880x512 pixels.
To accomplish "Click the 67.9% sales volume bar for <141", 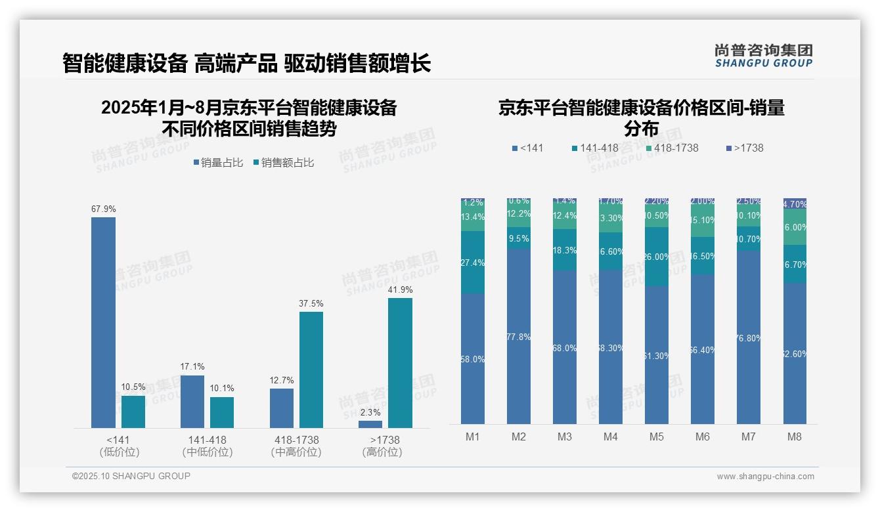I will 103,322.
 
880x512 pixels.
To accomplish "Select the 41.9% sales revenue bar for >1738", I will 400,362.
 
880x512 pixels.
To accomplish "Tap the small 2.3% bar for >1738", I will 370,424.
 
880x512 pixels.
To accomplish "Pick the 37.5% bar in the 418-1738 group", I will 311,370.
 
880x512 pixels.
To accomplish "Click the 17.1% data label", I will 192,366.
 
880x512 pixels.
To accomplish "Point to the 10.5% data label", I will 133,387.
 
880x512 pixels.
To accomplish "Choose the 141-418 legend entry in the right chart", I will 595,148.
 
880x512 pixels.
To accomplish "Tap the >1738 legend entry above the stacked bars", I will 745,148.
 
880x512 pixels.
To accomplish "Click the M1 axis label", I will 472,437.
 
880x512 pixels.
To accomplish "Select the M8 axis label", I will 794,437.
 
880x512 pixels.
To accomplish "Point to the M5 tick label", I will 656,437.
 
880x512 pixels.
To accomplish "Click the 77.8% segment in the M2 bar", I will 518,336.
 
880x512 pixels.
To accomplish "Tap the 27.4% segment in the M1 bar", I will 472,263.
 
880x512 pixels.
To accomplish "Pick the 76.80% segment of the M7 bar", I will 748,337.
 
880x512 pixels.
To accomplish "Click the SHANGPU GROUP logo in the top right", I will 763,56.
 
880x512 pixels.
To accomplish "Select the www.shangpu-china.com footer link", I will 765,477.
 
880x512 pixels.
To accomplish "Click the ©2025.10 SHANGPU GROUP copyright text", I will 131,476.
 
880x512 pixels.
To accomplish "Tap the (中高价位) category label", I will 296,452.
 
